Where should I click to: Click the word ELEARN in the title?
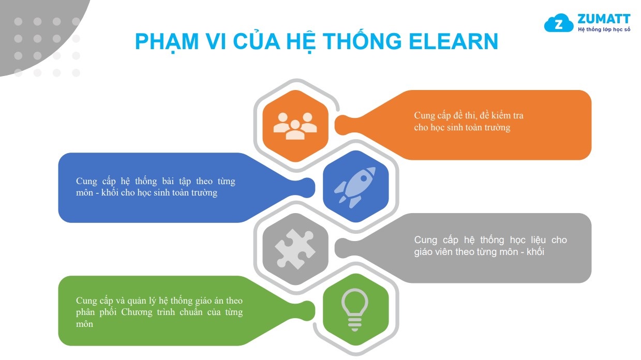click(454, 41)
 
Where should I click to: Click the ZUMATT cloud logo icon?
click(558, 23)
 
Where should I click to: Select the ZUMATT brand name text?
click(604, 19)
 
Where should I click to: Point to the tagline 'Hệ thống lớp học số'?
click(604, 29)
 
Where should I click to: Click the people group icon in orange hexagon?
click(295, 126)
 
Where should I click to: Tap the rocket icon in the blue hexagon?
click(355, 187)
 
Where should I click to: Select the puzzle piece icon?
click(295, 249)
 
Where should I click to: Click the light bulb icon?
click(354, 310)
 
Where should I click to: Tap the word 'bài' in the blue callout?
click(168, 181)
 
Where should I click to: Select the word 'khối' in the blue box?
click(110, 192)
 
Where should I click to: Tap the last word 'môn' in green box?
click(84, 324)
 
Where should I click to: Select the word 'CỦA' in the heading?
click(257, 41)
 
